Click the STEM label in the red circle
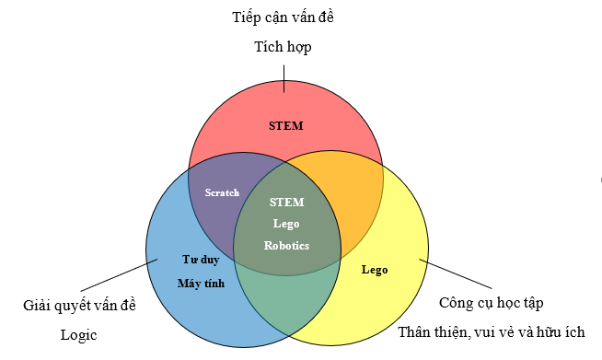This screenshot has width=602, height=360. pos(285,125)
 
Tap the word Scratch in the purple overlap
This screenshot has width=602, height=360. pos(222,193)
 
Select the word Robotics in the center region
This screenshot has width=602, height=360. pos(287,246)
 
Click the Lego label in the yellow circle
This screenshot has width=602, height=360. pos(375,271)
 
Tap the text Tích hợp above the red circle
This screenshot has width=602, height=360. pos(284,47)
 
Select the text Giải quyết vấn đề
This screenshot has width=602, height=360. pos(78,305)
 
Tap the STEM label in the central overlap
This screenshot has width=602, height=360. pos(287,202)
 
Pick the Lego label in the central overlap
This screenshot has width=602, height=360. pos(287,224)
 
